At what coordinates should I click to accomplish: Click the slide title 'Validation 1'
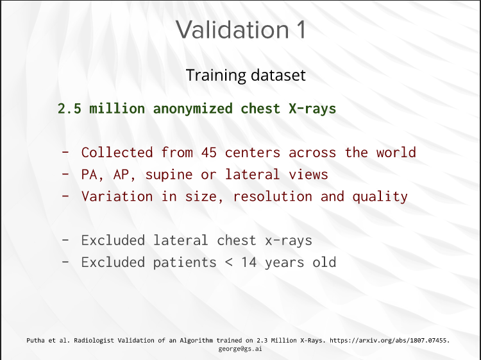click(240, 30)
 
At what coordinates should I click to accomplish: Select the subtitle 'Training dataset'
click(246, 75)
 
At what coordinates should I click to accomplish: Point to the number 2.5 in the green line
click(70, 108)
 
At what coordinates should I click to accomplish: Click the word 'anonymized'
click(193, 108)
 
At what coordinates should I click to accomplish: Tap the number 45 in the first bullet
click(209, 153)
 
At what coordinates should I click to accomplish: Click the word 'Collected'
click(117, 153)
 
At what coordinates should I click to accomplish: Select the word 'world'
click(396, 153)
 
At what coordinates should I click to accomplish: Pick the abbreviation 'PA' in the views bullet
click(89, 175)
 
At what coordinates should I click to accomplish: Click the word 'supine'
click(169, 175)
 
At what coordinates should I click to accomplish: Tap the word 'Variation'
click(117, 196)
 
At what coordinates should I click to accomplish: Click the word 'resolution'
click(273, 196)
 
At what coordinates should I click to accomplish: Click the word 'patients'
click(185, 262)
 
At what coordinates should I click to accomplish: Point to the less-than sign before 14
click(228, 262)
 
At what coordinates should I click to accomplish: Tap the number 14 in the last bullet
click(249, 262)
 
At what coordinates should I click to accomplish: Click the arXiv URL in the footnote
click(389, 340)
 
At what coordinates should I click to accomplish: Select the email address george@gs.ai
click(240, 349)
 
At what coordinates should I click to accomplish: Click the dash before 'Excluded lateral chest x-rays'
click(65, 240)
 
